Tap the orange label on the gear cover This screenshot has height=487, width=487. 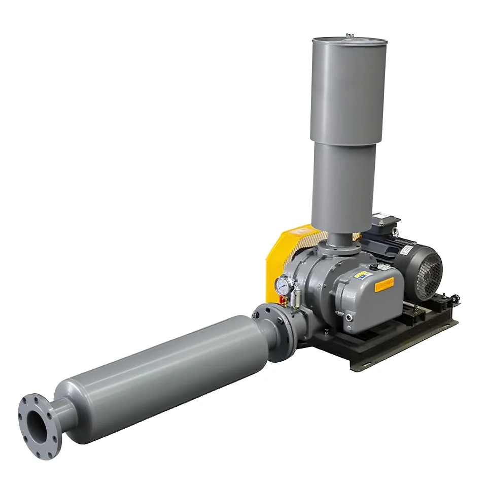pos(386,286)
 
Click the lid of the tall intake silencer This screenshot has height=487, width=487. pos(349,40)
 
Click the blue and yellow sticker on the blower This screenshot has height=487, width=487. pos(361,274)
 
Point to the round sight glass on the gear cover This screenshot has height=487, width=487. pos(349,318)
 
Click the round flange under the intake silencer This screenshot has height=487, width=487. pos(339,248)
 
